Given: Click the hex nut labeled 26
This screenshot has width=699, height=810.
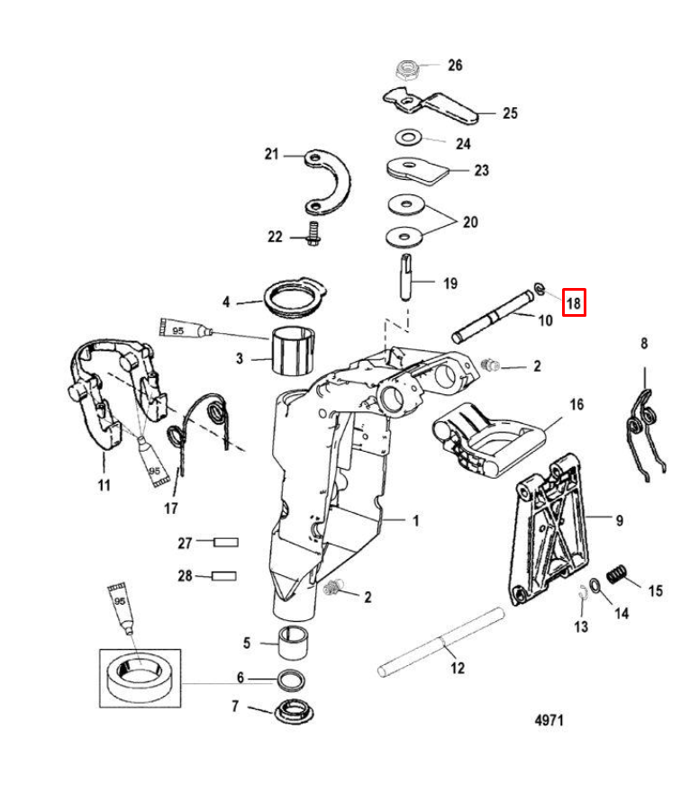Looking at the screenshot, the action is point(407,69).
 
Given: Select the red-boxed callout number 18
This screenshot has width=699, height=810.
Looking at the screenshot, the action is point(574,302).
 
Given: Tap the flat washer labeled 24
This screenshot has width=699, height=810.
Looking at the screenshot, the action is point(408,138).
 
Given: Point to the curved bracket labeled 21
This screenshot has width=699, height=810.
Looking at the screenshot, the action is point(327,183).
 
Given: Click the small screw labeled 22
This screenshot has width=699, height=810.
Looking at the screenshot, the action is point(313,233).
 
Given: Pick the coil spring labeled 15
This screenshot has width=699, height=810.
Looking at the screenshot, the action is point(616,574).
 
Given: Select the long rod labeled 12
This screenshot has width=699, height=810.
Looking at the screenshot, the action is point(440,642).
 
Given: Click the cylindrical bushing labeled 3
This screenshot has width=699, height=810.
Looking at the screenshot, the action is point(293,351).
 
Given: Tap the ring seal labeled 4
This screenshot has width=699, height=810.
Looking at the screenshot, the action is point(295,301).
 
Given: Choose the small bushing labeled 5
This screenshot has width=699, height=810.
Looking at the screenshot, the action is point(293,643).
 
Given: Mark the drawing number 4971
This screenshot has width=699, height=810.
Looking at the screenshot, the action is point(549,720).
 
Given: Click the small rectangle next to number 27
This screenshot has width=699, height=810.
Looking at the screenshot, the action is point(226,543).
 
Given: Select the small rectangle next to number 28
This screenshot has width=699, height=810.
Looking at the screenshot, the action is point(224,576).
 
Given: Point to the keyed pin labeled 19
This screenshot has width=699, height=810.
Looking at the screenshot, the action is point(406,277).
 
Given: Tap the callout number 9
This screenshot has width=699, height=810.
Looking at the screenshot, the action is point(620,520).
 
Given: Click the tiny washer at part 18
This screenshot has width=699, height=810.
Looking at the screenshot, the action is point(540,289).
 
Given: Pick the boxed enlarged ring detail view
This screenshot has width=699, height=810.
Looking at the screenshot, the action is point(141,679).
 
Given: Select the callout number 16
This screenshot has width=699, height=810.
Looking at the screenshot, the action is point(577,404).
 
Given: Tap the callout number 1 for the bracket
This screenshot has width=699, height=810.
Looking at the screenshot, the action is point(415,521).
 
